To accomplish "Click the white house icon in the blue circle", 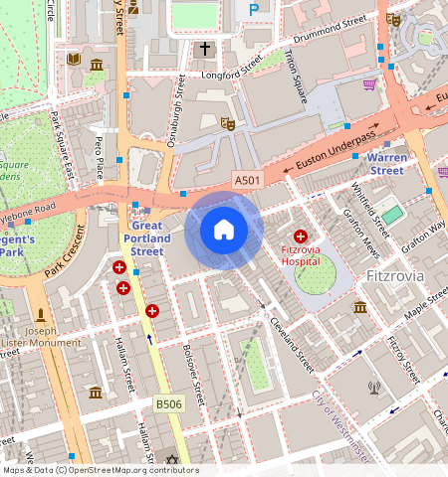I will pos(224,231).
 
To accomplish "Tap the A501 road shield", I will pos(248,179).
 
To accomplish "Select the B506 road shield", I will pos(167,403).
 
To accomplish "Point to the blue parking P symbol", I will pos(254,9).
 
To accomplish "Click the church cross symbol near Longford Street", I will pos(206,48).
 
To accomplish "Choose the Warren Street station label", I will pos(386,164).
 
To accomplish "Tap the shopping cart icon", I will pos(370,84).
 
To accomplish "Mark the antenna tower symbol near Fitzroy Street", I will pos(374,388).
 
